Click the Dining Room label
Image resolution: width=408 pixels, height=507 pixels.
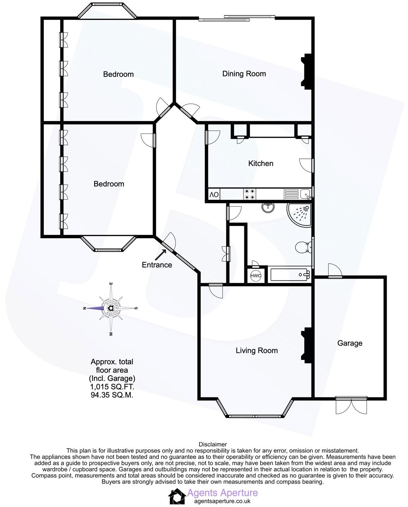tap(244, 74)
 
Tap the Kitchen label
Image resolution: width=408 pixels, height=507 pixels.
tap(260, 164)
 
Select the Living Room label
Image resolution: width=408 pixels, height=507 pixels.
tap(257, 351)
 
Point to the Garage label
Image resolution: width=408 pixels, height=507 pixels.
tap(350, 343)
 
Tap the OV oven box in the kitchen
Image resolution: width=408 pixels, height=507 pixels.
tap(214, 195)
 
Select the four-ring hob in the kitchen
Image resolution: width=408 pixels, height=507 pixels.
tap(250, 194)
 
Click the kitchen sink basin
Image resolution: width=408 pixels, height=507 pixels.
tap(304, 194)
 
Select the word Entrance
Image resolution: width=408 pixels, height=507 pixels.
tap(157, 265)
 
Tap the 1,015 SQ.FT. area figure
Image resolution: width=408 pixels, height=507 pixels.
tap(112, 387)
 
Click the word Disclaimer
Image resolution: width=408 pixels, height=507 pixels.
tap(213, 445)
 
